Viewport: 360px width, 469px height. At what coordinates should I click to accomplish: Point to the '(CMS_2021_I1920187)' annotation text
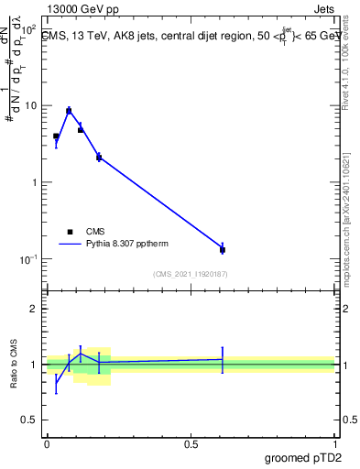click(x=191, y=274)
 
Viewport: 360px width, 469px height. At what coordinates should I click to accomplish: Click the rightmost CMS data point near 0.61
click(x=223, y=249)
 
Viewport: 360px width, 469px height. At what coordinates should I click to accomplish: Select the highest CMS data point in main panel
click(x=69, y=111)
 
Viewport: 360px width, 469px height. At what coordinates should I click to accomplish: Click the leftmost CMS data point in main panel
click(x=56, y=136)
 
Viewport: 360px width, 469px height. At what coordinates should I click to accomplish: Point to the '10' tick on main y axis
click(x=30, y=105)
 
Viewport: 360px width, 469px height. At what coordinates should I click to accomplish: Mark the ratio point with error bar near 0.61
click(x=223, y=359)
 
